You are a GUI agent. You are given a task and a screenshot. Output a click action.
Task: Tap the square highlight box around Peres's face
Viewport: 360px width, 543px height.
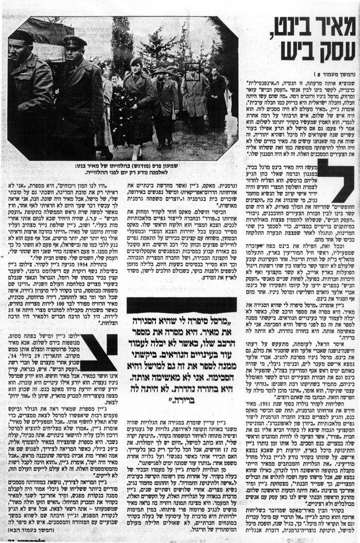pyautogui.click(x=193, y=74)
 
